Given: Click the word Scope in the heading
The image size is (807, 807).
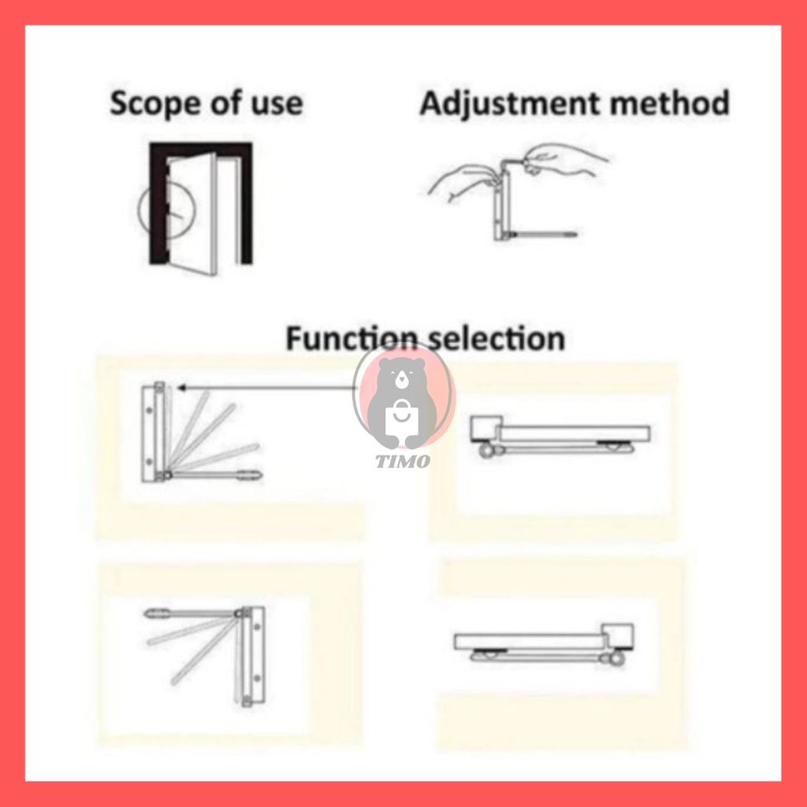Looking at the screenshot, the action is pos(154,103).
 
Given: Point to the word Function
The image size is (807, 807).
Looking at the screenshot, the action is pos(351,338).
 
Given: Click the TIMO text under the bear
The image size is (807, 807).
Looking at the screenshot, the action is pos(403,460).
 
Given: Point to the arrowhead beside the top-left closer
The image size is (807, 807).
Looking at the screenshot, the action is pos(181,388).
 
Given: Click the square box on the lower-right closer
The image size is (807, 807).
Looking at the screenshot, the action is pos(618,637).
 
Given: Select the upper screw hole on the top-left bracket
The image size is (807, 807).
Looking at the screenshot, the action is pos(149,410).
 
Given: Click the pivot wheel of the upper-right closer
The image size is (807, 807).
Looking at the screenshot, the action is pos(485,452).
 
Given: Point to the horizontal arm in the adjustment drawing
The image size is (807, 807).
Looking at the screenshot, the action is pos(543,235).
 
